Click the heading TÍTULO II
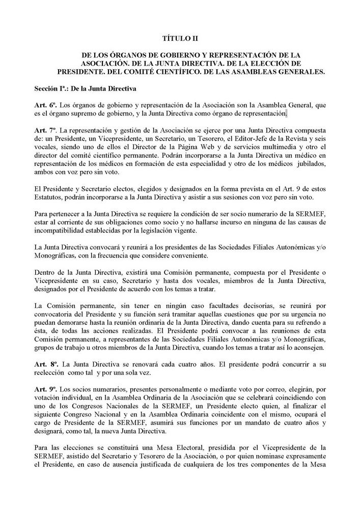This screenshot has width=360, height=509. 180,38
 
